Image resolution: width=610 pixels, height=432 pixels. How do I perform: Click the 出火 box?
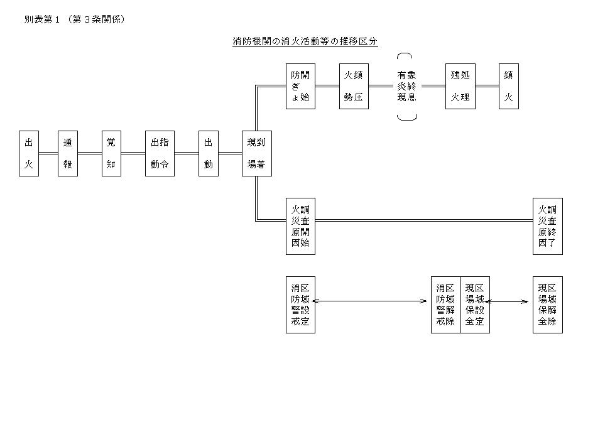pos(29,153)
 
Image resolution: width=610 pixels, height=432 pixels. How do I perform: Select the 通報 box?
pos(68,153)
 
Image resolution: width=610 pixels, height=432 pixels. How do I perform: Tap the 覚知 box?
pos(111,153)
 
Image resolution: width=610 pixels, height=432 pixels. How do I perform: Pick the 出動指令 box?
pos(160,153)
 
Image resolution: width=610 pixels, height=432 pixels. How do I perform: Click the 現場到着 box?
pos(257,153)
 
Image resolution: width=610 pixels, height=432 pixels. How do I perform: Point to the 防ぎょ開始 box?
pos(300,86)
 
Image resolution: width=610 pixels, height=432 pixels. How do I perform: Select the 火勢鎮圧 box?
pos(354,86)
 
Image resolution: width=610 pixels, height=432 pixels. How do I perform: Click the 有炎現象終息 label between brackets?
pos(407,86)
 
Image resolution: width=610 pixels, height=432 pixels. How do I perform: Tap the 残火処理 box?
pos(460,86)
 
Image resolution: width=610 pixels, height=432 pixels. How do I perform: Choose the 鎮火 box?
pos(509,86)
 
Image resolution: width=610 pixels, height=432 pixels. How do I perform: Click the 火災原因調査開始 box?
pos(300,226)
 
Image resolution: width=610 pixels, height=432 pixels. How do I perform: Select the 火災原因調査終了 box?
pos(548,226)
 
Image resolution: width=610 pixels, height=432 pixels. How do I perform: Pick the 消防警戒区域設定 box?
pos(300,305)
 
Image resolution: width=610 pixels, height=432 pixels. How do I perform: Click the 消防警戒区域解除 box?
pos(446,305)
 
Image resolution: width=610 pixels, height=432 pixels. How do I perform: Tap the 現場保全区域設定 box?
pos(475,305)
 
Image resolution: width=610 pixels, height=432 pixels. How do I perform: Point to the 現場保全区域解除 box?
pos(548,305)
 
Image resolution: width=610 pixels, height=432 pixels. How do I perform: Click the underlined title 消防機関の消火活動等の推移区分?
pos(305,41)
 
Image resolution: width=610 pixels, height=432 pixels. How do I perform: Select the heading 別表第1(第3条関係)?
pos(75,19)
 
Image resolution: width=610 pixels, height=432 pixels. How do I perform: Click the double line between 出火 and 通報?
pos(48,153)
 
